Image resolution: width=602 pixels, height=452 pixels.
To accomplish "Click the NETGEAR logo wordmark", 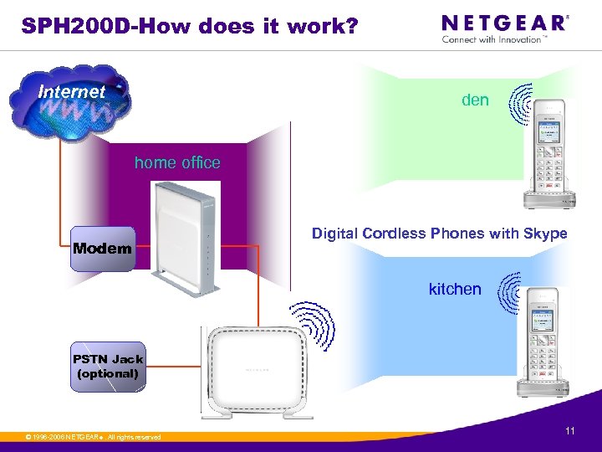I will (x=503, y=23).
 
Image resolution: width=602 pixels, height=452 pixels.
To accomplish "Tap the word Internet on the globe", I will (x=72, y=91).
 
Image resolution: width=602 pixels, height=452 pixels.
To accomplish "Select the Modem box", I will (x=101, y=248).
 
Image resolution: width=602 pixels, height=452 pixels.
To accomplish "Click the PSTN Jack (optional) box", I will (x=107, y=367).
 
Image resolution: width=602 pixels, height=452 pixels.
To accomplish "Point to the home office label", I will (x=177, y=162).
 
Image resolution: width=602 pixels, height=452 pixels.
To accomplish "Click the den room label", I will (x=475, y=100).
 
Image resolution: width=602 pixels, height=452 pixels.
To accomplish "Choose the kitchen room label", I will (x=455, y=290).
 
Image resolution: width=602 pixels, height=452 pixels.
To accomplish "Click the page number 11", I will (x=570, y=431).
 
